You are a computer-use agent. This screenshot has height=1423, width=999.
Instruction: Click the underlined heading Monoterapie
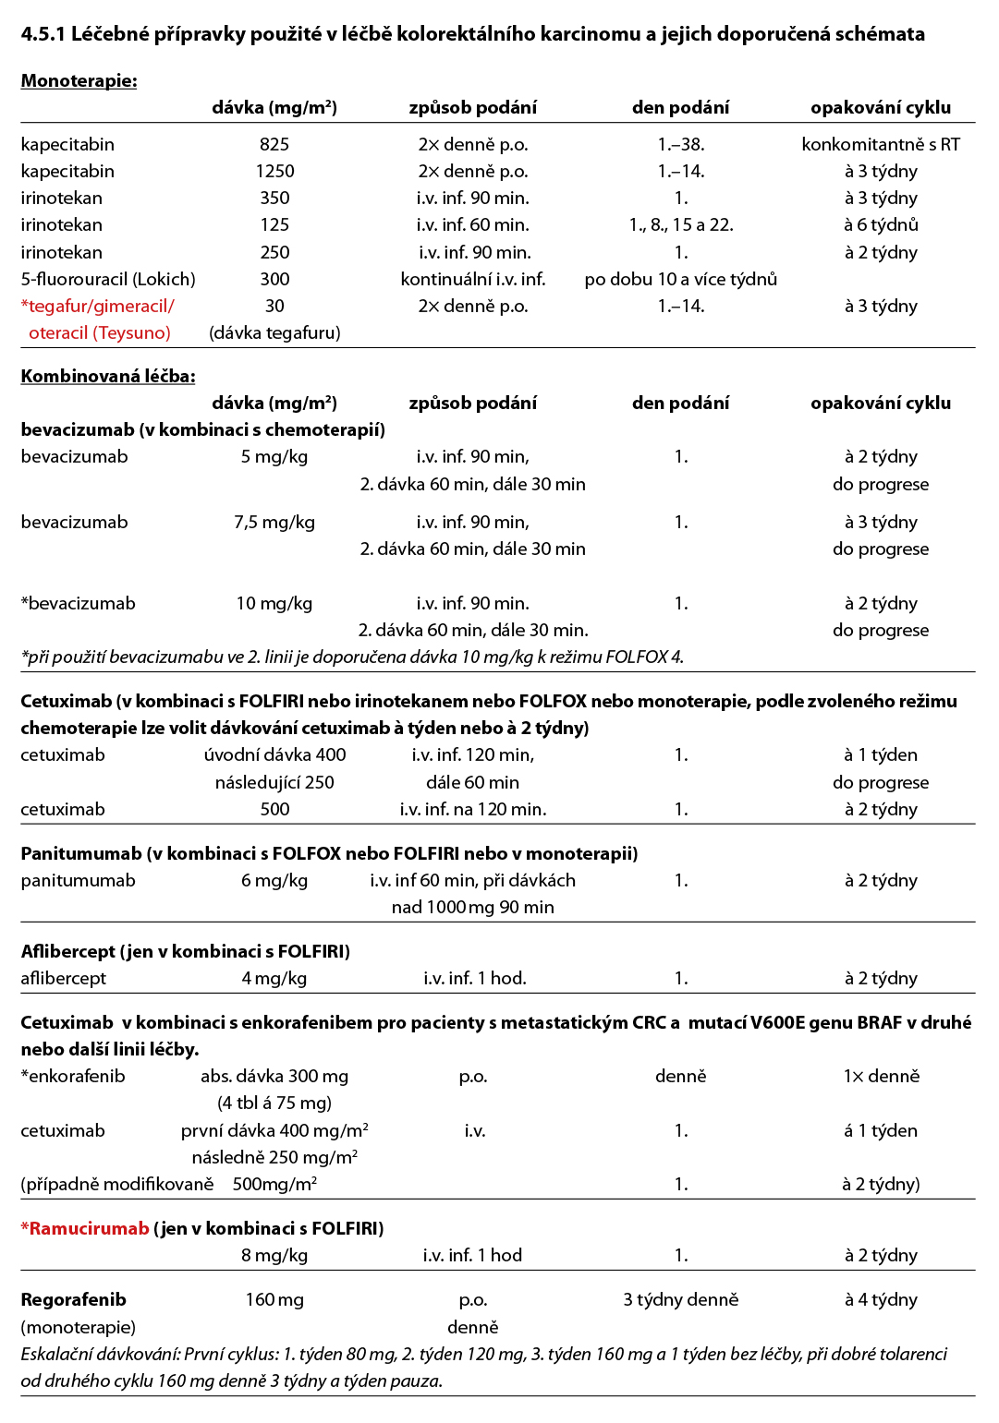tap(79, 81)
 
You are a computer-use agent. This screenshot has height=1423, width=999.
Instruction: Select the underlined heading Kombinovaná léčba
tap(108, 377)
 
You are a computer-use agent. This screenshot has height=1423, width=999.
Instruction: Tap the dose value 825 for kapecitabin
tap(274, 145)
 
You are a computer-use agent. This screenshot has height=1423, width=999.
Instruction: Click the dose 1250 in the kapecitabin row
tap(274, 172)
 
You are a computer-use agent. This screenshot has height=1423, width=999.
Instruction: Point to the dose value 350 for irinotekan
tap(274, 199)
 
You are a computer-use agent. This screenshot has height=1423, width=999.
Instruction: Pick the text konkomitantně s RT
tap(881, 145)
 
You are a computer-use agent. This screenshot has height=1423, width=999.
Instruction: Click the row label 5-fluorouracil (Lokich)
tap(108, 280)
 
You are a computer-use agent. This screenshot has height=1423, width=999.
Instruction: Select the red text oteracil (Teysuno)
tap(100, 333)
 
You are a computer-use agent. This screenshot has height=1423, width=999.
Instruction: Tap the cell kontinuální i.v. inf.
tap(473, 280)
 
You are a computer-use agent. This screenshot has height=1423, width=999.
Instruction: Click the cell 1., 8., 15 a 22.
tap(681, 225)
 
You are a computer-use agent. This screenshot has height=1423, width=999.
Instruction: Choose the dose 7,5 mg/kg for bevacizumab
tap(274, 523)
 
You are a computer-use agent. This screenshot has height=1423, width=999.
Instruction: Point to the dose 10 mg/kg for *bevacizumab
tap(274, 604)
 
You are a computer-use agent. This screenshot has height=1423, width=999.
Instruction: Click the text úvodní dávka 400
tap(274, 755)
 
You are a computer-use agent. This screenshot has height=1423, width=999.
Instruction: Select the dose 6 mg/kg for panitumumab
tap(274, 881)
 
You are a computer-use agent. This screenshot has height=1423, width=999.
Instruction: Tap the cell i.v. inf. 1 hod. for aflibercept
tap(475, 979)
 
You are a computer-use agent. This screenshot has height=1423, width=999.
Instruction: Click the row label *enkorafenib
tap(73, 1077)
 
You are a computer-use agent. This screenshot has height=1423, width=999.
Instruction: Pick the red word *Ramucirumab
tap(85, 1229)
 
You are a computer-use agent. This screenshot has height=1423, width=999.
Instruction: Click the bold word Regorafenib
tap(73, 1300)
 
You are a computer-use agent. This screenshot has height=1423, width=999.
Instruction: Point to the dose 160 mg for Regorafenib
tap(274, 1300)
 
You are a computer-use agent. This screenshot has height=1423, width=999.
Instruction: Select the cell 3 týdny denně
tap(681, 1300)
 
